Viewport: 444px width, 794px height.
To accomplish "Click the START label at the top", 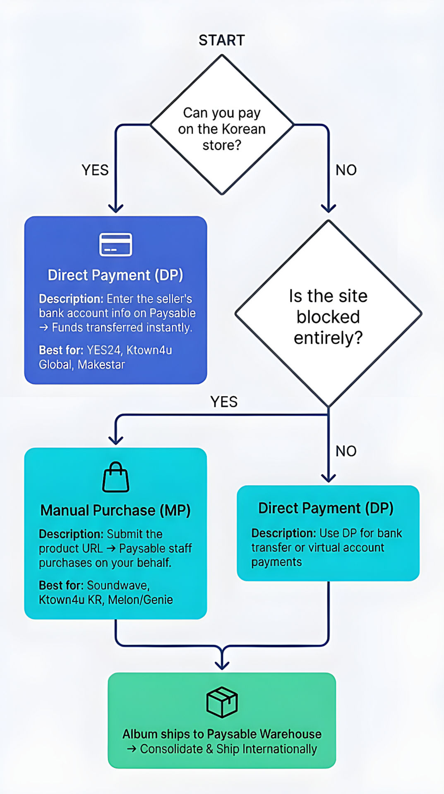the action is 222,40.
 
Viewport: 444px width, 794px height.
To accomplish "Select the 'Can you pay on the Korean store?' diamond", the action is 222,124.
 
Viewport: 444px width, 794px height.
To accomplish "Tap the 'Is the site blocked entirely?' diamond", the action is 328,314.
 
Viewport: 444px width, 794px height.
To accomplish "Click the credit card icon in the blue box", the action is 116,244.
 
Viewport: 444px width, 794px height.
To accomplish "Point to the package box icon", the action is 222,702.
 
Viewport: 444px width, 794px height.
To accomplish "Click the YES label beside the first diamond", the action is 95,170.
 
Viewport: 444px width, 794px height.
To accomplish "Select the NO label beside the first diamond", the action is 346,170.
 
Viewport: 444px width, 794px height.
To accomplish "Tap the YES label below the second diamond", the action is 224,402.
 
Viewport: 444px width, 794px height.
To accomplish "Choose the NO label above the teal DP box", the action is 346,451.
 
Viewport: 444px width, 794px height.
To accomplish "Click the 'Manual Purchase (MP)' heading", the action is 115,510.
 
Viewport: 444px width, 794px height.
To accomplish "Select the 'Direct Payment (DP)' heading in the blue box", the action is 115,275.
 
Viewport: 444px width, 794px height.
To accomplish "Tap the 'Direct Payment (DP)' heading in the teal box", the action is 326,508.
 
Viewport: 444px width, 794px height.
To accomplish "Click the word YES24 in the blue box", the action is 103,350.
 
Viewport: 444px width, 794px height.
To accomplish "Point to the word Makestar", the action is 101,364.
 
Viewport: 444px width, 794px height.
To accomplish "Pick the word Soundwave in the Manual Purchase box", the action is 118,585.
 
